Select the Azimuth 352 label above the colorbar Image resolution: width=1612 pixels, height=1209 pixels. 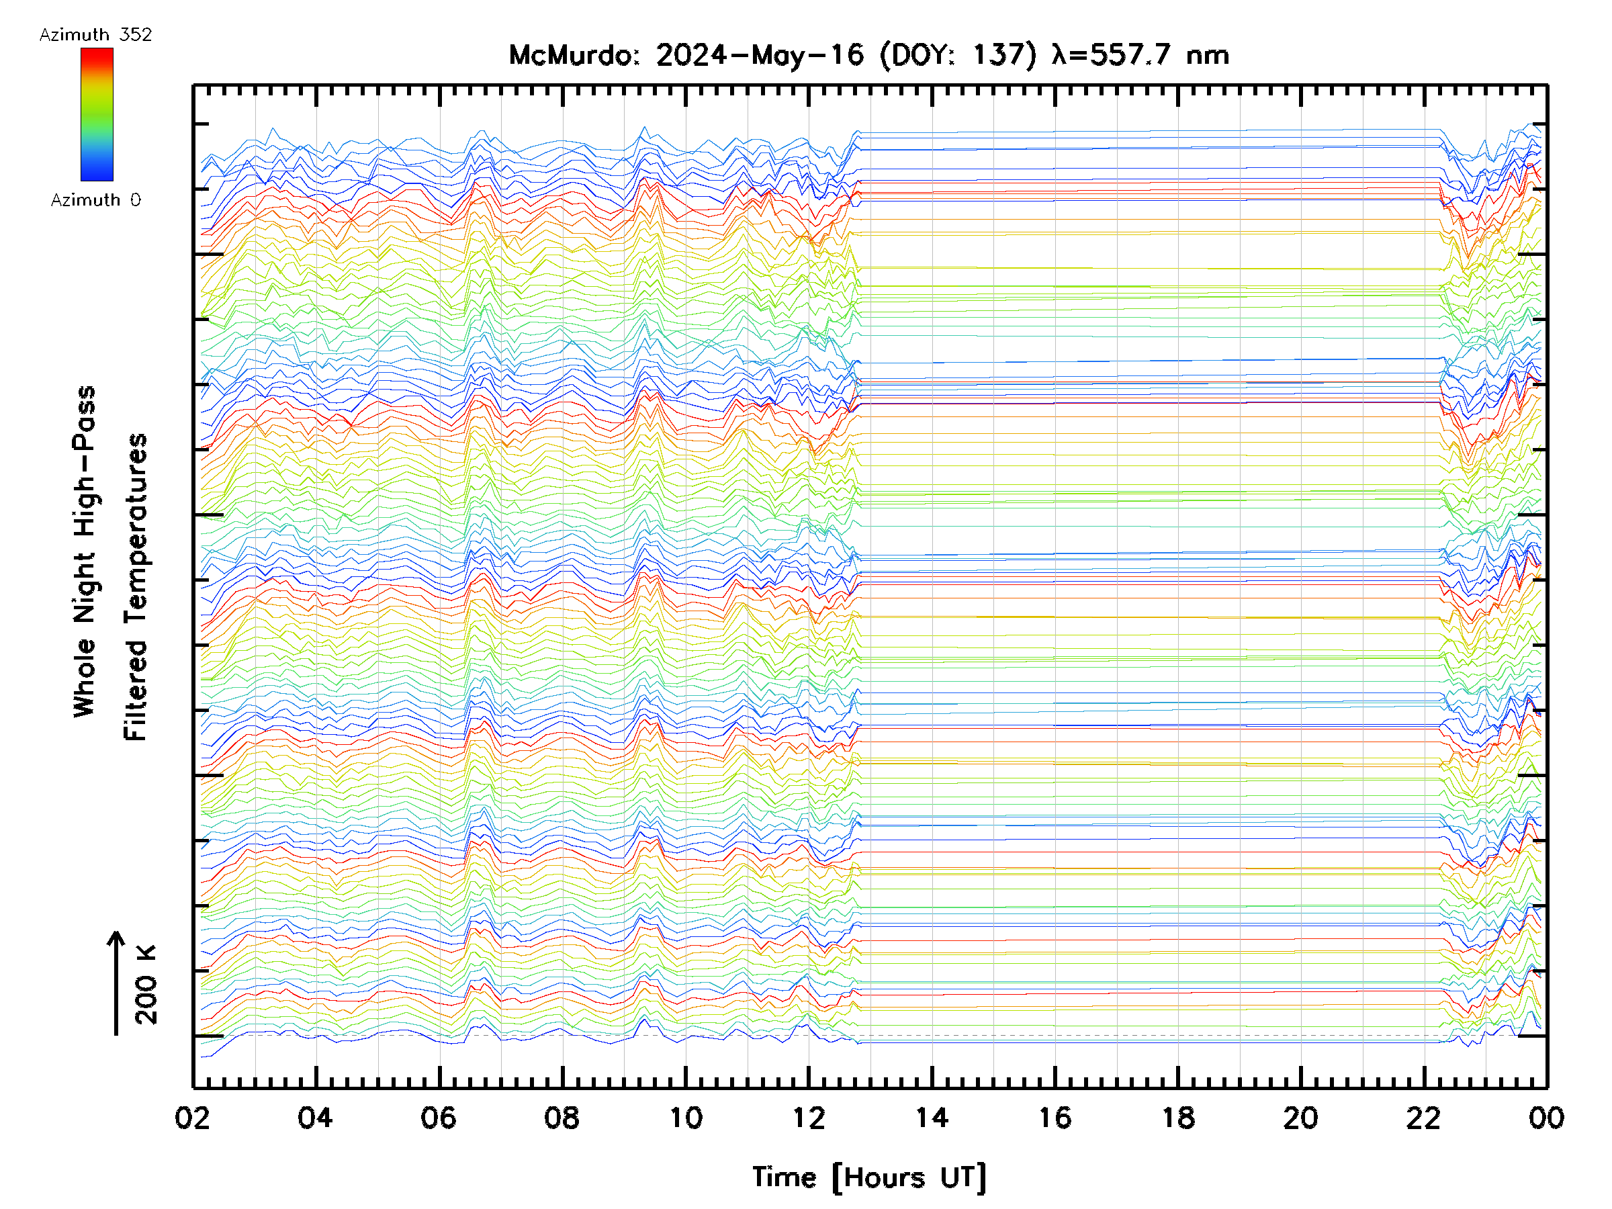pyautogui.click(x=95, y=35)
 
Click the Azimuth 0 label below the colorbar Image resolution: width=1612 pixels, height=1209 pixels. pyautogui.click(x=95, y=199)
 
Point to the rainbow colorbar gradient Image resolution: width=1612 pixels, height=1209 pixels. pyautogui.click(x=97, y=114)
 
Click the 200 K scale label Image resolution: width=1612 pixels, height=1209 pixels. pyautogui.click(x=146, y=985)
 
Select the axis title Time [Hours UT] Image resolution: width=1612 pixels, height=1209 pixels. pyautogui.click(x=869, y=1177)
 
